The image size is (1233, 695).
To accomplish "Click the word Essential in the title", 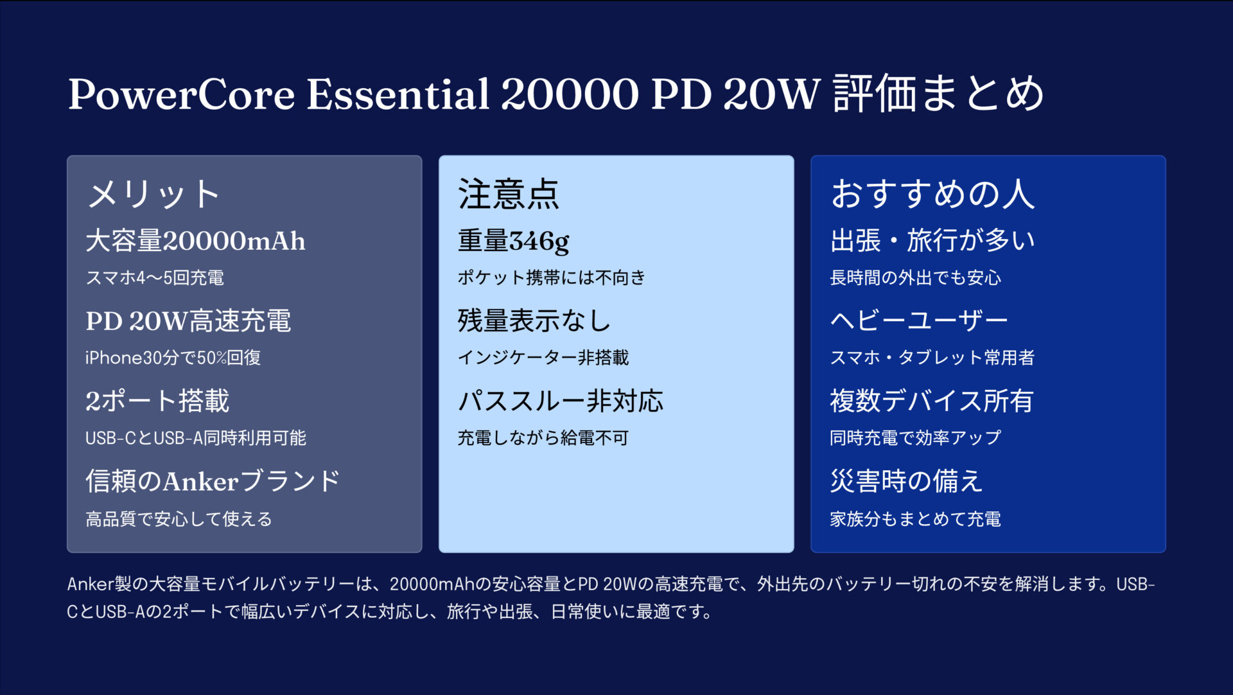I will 398,94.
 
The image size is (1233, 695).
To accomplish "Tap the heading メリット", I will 153,193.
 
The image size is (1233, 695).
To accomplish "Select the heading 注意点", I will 508,193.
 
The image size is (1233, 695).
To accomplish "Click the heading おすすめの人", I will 932,193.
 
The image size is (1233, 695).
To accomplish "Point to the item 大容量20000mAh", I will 195,241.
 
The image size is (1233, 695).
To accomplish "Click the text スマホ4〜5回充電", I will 155,277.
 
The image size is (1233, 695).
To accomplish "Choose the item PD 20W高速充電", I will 188,321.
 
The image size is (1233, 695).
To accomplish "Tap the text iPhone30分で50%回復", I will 173,357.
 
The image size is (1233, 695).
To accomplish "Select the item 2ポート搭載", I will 157,401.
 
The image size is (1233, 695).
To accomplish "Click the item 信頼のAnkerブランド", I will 213,481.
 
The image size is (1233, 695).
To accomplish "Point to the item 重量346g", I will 513,241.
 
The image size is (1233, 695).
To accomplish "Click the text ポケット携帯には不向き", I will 551,277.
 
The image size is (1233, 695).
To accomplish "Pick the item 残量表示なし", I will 534,321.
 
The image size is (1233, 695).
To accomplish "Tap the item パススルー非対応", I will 560,401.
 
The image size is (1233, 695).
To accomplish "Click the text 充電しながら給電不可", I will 543,438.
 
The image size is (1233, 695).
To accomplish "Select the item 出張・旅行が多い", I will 932,241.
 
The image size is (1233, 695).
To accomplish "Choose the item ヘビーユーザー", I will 919,321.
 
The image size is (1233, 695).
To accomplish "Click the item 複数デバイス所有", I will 931,401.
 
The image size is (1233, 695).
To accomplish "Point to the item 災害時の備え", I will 906,481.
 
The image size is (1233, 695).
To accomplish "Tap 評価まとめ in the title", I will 938,94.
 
